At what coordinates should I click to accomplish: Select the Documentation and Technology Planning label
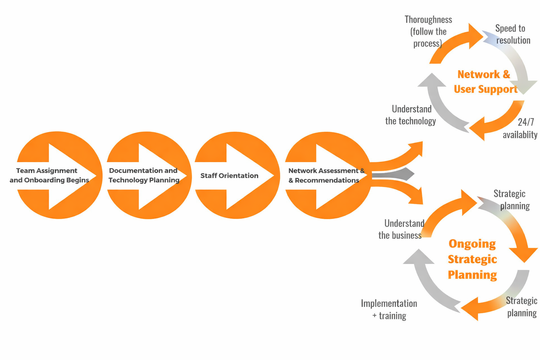143,175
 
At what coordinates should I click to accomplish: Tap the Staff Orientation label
229,176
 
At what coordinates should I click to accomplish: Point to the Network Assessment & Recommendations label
326,175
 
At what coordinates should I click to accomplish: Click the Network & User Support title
485,82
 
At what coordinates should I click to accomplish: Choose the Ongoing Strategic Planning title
472,259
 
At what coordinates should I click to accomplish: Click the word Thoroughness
428,20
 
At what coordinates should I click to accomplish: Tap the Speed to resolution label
512,34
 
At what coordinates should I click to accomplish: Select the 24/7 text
526,122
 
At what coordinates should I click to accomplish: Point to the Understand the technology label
411,115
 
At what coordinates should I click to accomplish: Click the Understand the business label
401,229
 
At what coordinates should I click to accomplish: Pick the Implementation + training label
389,309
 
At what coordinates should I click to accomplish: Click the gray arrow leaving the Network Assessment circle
394,174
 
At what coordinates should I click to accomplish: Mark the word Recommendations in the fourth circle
327,180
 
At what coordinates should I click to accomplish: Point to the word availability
520,135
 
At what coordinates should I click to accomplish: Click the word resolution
513,40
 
